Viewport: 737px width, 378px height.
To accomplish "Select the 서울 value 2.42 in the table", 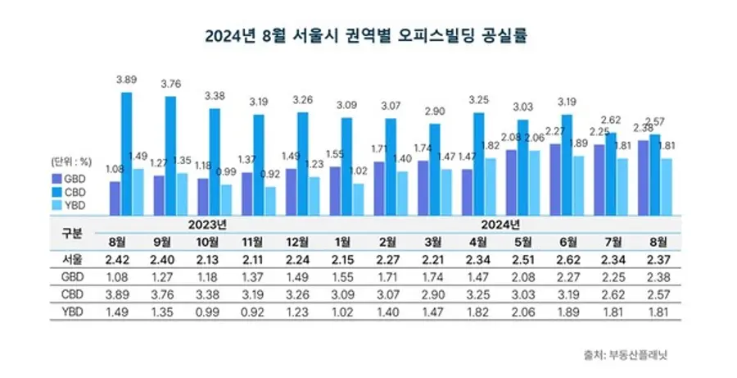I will (118, 261).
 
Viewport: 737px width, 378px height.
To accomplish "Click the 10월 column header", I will (206, 242).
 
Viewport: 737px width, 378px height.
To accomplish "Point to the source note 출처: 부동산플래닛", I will (640, 354).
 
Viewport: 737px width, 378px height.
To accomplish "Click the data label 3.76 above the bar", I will (170, 82).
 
